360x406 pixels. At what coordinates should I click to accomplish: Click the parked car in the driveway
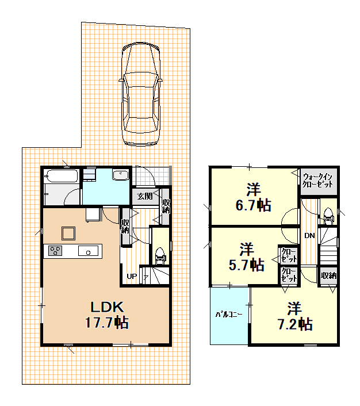[x=141, y=94]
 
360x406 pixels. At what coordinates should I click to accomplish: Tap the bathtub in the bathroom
[x=62, y=176]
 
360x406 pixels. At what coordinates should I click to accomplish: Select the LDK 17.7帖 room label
[x=107, y=315]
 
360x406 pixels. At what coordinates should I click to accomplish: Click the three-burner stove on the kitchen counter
[x=55, y=251]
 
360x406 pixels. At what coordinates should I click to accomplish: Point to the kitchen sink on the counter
[x=89, y=251]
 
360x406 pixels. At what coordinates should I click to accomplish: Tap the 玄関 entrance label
[x=145, y=196]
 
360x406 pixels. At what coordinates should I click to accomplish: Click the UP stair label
[x=132, y=276]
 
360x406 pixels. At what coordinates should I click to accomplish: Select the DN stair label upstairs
[x=309, y=236]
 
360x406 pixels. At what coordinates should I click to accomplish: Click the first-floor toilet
[x=160, y=256]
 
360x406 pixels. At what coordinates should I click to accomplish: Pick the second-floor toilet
[x=328, y=216]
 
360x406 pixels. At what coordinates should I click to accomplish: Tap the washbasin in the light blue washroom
[x=120, y=175]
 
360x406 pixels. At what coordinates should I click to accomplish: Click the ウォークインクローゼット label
[x=317, y=181]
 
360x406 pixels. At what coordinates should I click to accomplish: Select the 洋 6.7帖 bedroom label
[x=253, y=197]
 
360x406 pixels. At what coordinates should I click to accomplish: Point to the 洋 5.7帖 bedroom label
[x=247, y=257]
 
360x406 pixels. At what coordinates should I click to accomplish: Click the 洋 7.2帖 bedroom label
[x=295, y=316]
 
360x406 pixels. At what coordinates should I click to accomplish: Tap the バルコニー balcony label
[x=229, y=315]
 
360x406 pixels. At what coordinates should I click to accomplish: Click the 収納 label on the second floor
[x=329, y=276]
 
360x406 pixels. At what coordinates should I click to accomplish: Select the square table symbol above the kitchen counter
[x=68, y=233]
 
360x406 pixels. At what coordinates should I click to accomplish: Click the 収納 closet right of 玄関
[x=166, y=206]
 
